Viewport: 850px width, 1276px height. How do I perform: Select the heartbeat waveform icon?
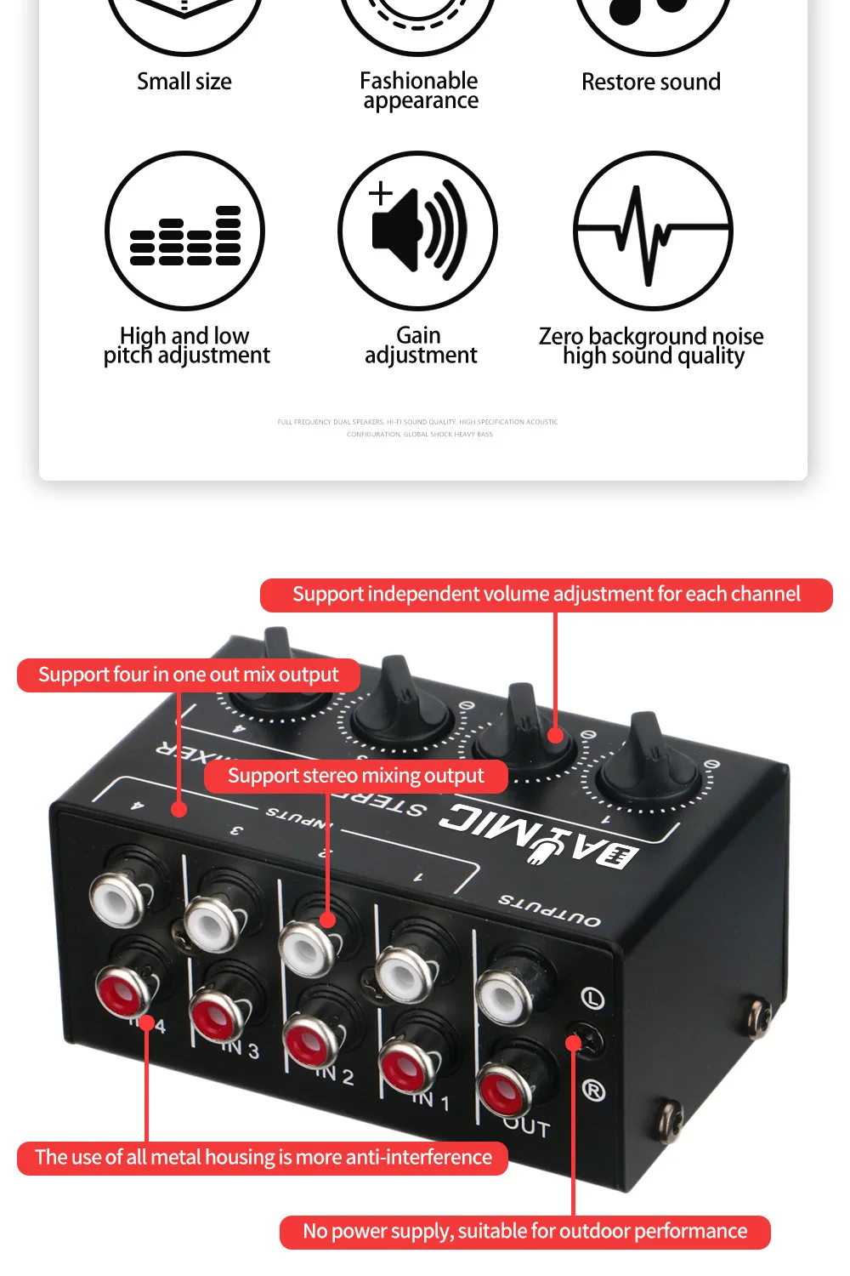click(652, 231)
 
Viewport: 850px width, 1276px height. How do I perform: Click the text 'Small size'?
click(184, 82)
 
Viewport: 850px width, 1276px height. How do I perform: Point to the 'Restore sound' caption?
click(651, 83)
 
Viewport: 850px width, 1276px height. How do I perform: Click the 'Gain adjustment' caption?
click(420, 345)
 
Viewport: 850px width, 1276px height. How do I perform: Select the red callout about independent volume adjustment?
click(546, 595)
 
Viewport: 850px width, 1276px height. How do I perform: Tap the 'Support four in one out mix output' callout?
click(188, 675)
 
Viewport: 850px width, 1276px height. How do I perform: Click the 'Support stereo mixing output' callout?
click(355, 776)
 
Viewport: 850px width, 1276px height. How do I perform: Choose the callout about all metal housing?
click(263, 1158)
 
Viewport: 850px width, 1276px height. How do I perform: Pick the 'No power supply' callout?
click(524, 1232)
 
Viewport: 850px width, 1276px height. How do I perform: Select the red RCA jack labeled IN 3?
click(218, 1016)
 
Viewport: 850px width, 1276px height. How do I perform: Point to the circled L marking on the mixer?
click(592, 998)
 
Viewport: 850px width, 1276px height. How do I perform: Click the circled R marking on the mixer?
click(593, 1090)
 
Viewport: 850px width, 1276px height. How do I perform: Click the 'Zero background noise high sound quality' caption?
click(651, 346)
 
